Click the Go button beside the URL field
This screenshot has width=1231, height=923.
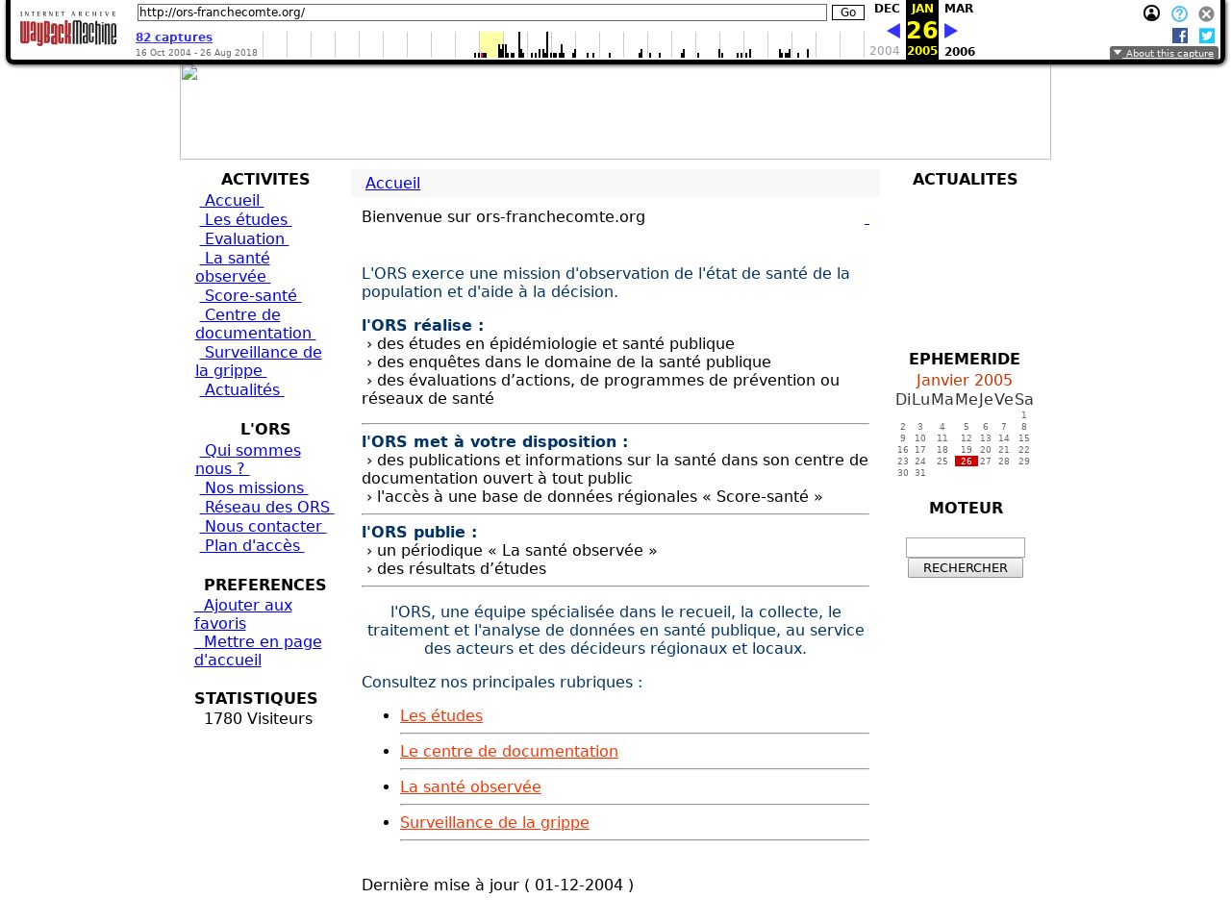pyautogui.click(x=847, y=12)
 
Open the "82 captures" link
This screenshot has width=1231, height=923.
pyautogui.click(x=174, y=37)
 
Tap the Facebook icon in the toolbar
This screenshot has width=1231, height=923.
pyautogui.click(x=1180, y=36)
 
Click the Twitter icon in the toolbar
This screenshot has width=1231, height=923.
pyautogui.click(x=1207, y=36)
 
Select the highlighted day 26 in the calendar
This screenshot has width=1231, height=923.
pyautogui.click(x=966, y=461)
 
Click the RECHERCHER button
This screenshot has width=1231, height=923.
pyautogui.click(x=965, y=568)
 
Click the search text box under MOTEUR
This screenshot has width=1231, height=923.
pyautogui.click(x=965, y=547)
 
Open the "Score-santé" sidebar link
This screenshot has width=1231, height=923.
pyautogui.click(x=250, y=296)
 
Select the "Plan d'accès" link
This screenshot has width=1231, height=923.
pyautogui.click(x=252, y=546)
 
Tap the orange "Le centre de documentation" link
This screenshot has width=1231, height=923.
pyautogui.click(x=509, y=752)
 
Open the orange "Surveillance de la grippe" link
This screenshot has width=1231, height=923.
pyautogui.click(x=494, y=823)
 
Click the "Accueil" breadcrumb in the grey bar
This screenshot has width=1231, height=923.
pyautogui.click(x=392, y=184)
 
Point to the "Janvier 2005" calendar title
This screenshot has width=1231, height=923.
pyautogui.click(x=964, y=381)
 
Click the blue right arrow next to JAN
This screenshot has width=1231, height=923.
pyautogui.click(x=951, y=31)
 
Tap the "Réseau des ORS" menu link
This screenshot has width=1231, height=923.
pyautogui.click(x=266, y=508)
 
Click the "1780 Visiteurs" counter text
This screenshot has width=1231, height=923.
pyautogui.click(x=258, y=719)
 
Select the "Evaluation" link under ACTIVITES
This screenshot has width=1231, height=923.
pyautogui.click(x=244, y=239)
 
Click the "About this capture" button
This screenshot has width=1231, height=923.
pyautogui.click(x=1164, y=54)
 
